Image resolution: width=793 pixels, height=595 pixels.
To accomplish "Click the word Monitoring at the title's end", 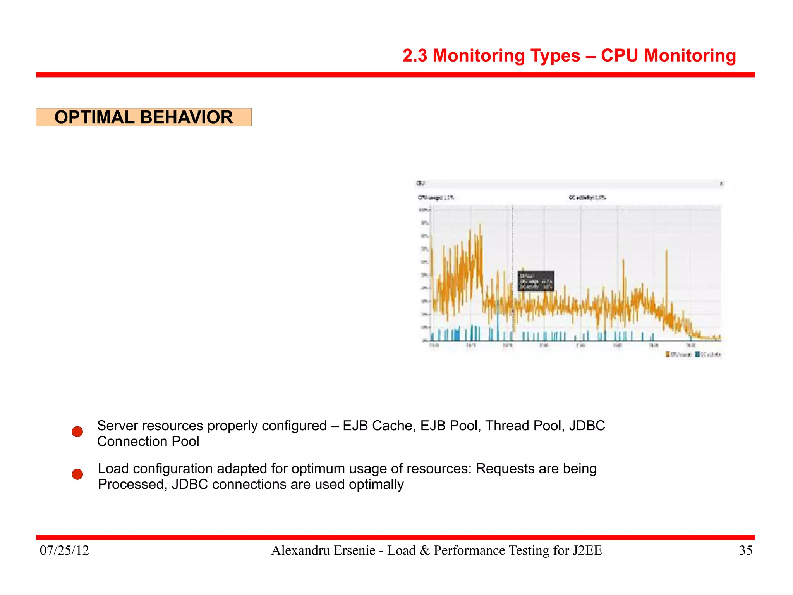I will tap(690, 56).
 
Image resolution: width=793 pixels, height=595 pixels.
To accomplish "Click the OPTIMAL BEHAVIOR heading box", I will tap(144, 117).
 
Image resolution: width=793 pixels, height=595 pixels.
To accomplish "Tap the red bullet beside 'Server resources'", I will tap(77, 432).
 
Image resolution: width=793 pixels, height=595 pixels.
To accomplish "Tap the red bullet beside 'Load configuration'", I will tap(77, 474).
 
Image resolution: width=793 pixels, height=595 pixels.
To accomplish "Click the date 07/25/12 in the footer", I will tap(64, 550).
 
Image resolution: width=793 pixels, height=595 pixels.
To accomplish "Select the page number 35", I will tap(745, 550).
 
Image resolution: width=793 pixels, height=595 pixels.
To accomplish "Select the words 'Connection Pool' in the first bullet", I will tap(148, 442).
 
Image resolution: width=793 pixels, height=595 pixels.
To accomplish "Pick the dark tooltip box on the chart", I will tap(536, 281).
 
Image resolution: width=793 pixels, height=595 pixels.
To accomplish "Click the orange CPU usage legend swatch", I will tap(668, 354).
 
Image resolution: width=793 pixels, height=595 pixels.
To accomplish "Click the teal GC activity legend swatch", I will tap(697, 354).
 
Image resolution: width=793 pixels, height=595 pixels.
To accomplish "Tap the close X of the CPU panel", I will tap(721, 184).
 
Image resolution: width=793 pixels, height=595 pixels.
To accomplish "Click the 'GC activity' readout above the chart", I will tap(587, 198).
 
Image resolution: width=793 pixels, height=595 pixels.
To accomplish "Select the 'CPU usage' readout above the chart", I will tap(435, 198).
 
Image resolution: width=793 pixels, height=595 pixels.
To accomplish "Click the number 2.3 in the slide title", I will tap(415, 56).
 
